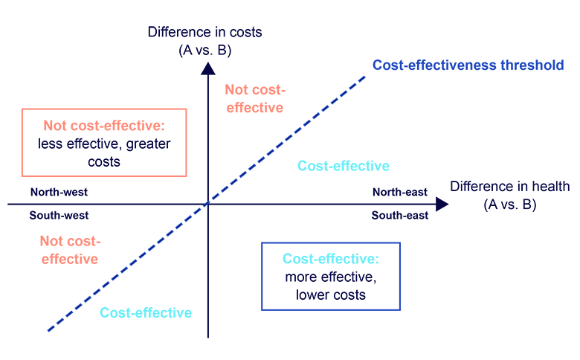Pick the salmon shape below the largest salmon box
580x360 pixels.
pyautogui.click(x=67, y=253)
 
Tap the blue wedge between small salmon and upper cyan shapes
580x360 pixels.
pyautogui.click(x=260, y=152)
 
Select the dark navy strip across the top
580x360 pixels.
pyautogui.click(x=204, y=33)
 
